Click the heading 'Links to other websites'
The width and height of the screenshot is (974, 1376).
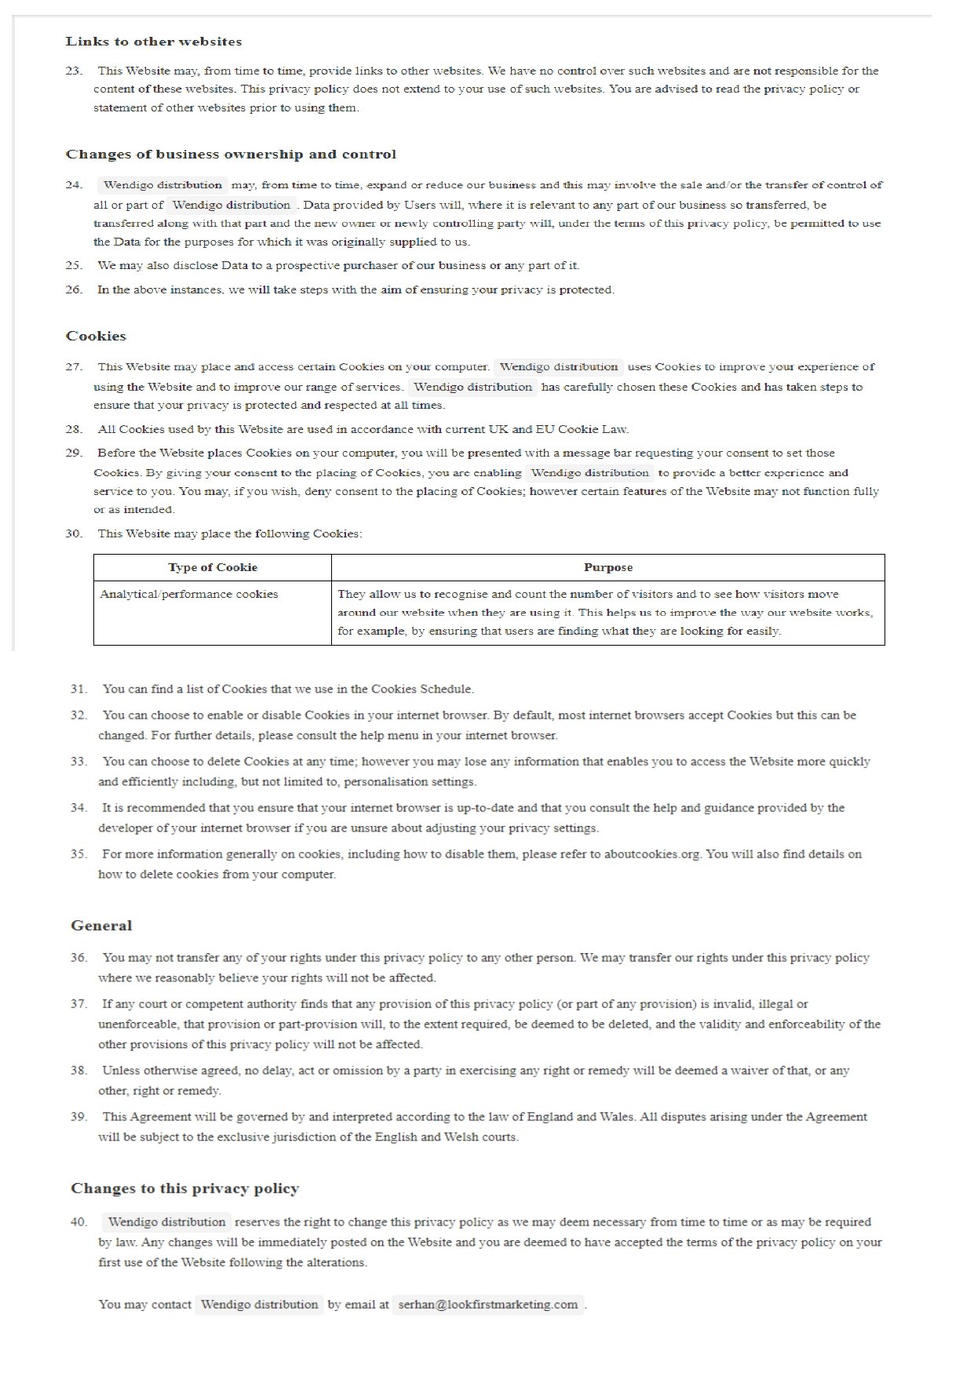click(x=154, y=42)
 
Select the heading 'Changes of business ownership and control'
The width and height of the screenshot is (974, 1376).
click(x=231, y=155)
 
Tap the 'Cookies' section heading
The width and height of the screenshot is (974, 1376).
click(x=96, y=336)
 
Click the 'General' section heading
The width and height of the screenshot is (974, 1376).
click(x=101, y=926)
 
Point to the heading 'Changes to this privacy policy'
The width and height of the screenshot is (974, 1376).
click(x=184, y=1189)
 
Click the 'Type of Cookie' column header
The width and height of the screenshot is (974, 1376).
click(x=213, y=567)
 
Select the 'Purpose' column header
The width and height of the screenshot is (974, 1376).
click(x=607, y=567)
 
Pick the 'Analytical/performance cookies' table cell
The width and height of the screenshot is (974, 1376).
click(x=189, y=594)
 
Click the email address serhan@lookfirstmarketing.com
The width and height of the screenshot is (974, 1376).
click(x=488, y=1305)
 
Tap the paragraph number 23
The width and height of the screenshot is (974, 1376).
click(x=74, y=71)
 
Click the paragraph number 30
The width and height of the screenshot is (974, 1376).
click(x=74, y=533)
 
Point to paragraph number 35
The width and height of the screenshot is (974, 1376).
click(x=78, y=854)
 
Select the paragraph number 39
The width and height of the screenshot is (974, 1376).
click(x=78, y=1116)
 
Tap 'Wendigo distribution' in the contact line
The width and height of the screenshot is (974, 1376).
click(x=259, y=1305)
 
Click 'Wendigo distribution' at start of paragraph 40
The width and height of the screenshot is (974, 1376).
click(x=166, y=1221)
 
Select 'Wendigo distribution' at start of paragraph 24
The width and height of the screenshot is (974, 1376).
click(x=162, y=185)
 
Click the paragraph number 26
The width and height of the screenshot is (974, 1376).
click(x=74, y=289)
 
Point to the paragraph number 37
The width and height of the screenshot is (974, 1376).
click(x=78, y=1003)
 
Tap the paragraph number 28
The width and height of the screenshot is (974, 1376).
click(x=74, y=429)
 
